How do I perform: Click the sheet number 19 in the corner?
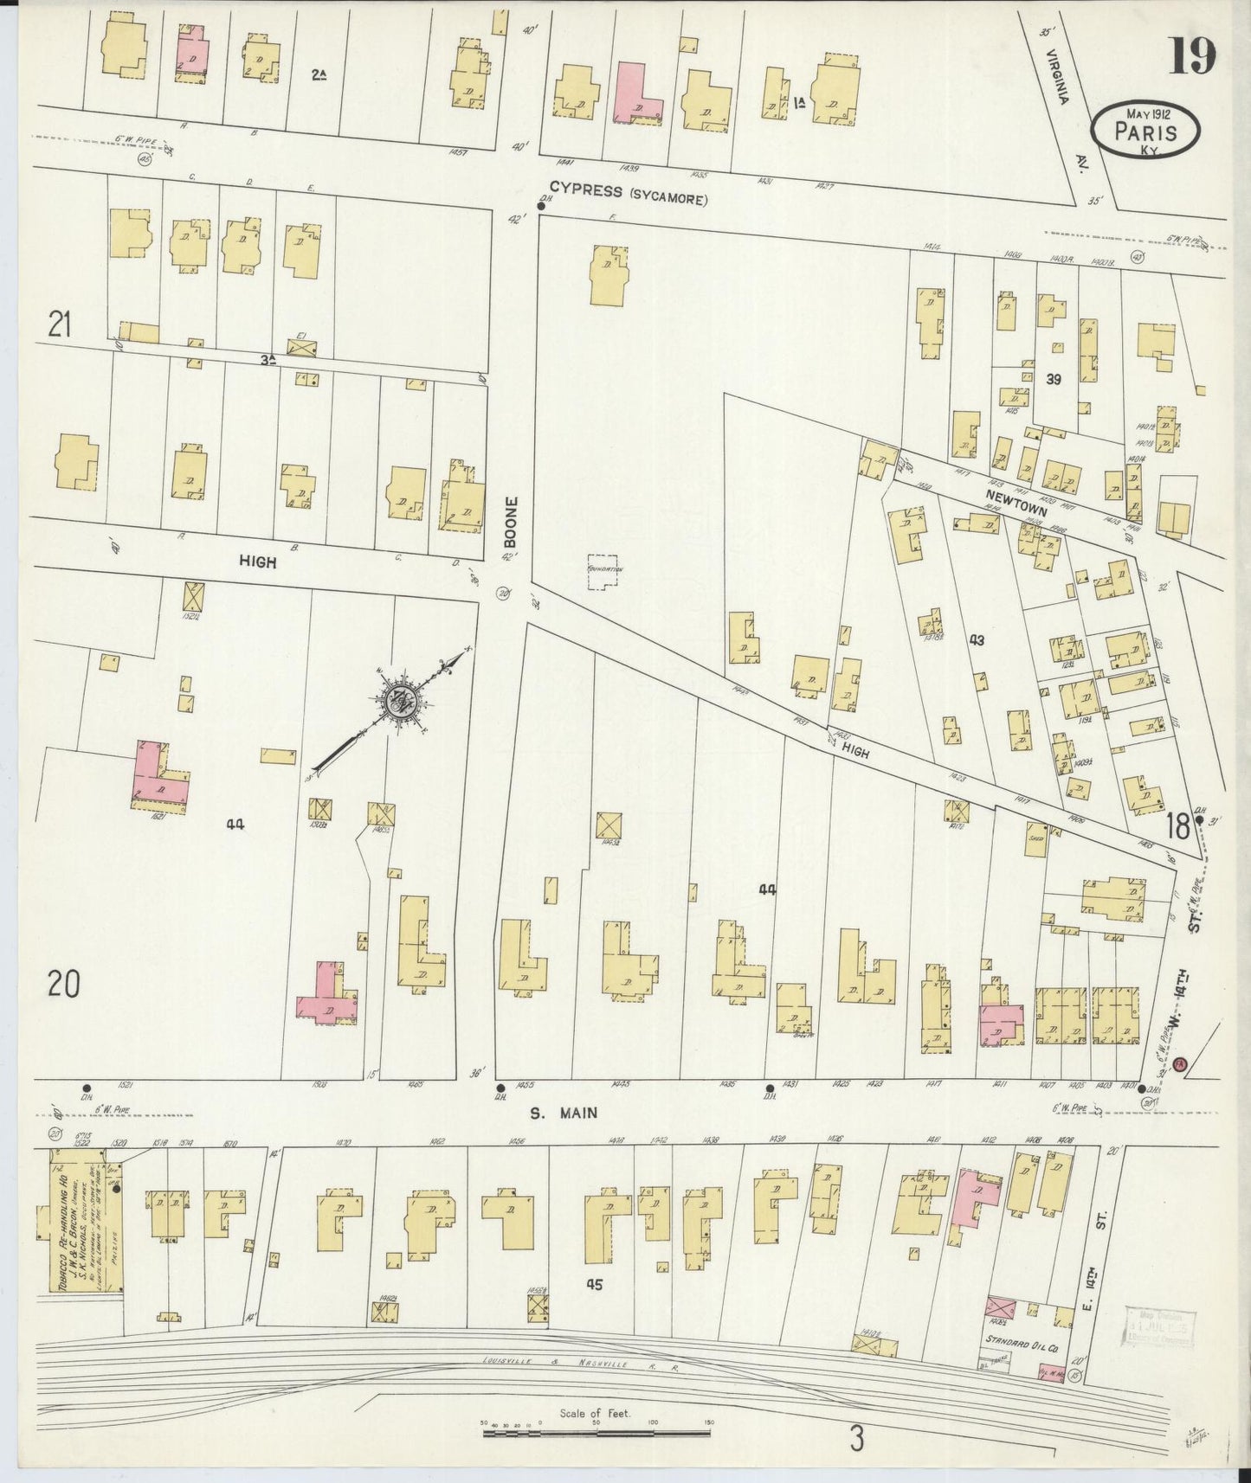tap(1194, 56)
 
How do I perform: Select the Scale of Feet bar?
tap(596, 1433)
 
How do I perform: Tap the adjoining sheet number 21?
tap(59, 325)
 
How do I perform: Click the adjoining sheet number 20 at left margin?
tap(64, 984)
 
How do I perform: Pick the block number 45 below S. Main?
tap(593, 1285)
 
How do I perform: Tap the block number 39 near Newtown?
tap(1053, 379)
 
